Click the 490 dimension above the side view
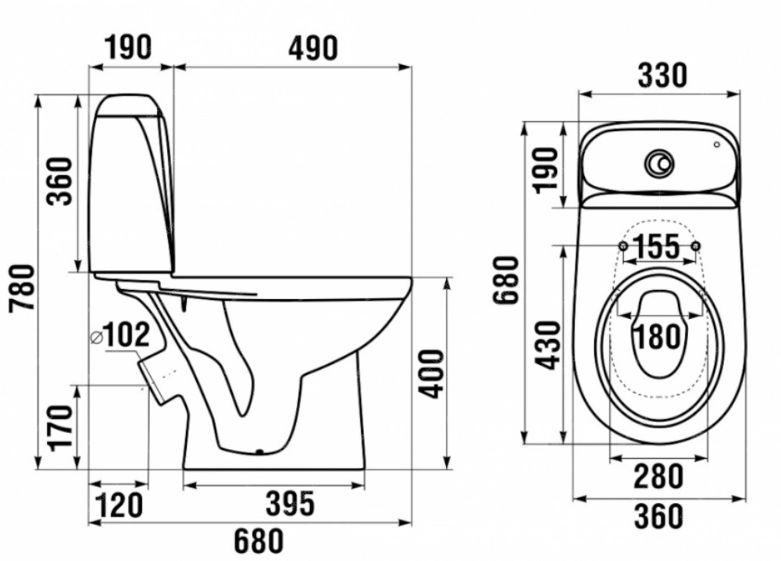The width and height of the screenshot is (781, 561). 313,48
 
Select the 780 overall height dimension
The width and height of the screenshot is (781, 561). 23,288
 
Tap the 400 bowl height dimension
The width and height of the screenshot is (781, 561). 430,373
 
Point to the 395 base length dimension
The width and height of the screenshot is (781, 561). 290,503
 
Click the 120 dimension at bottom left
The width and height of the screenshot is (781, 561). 119,505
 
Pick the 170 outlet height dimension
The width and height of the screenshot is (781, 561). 61,427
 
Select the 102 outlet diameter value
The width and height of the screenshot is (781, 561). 127,335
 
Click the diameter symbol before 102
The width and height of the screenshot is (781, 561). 96,338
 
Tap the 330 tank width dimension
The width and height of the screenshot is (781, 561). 662,76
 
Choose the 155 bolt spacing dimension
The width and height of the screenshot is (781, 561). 657,246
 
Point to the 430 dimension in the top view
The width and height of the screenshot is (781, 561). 550,345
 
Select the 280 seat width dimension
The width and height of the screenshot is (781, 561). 658,477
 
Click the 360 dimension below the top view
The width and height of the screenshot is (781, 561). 658,516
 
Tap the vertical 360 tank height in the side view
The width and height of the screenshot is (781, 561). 59,180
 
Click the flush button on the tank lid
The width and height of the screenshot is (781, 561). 661,163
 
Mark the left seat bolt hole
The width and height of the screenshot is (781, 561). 622,245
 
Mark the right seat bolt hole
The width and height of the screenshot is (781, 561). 697,245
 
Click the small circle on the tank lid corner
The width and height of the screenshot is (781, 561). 717,145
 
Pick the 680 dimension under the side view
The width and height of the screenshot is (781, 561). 259,541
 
